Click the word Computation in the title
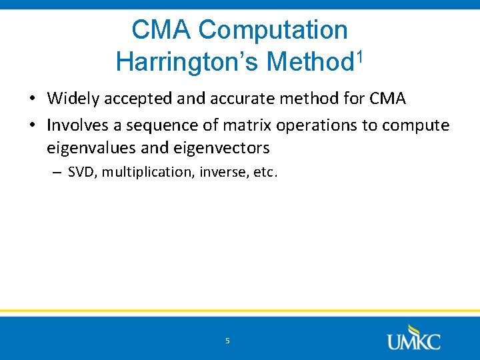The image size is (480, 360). pyautogui.click(x=273, y=30)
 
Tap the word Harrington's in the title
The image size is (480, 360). pyautogui.click(x=187, y=62)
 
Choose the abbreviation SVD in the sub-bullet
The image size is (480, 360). pyautogui.click(x=80, y=172)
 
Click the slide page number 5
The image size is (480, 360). pyautogui.click(x=227, y=341)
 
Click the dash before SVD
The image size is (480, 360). pyautogui.click(x=59, y=173)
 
